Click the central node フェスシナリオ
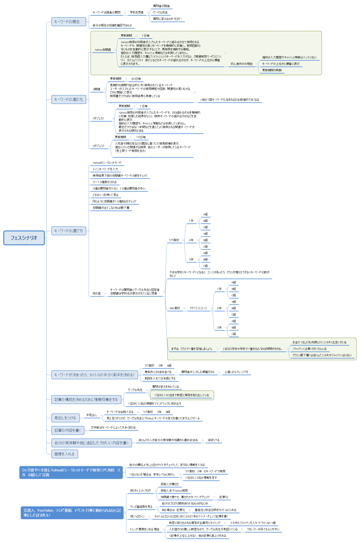pyautogui.click(x=24, y=238)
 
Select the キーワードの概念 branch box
pyautogui.click(x=69, y=22)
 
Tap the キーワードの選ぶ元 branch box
pyautogui.click(x=69, y=99)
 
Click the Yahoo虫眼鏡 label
pyautogui.click(x=103, y=50)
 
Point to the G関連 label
pyautogui.click(x=97, y=89)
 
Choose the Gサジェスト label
pyautogui.click(x=99, y=146)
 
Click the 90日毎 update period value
pyautogui.click(x=136, y=79)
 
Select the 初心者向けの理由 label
pyautogui.click(x=242, y=64)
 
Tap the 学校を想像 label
pyautogui.click(x=137, y=12)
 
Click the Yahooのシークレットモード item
pyautogui.click(x=107, y=162)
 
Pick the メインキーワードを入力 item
pyautogui.click(x=105, y=169)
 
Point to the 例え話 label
pyautogui.click(x=97, y=293)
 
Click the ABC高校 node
pyautogui.click(x=175, y=308)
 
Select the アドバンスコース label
pyautogui.click(x=198, y=308)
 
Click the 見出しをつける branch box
pyautogui.click(x=66, y=418)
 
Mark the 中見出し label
pyautogui.click(x=91, y=415)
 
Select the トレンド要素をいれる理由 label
pyautogui.click(x=144, y=529)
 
